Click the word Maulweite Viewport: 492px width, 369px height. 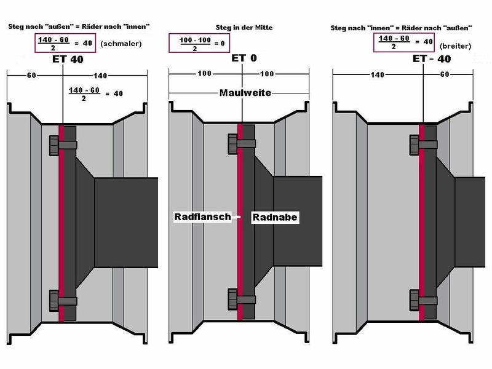point(245,93)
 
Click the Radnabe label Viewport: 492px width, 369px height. point(276,216)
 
